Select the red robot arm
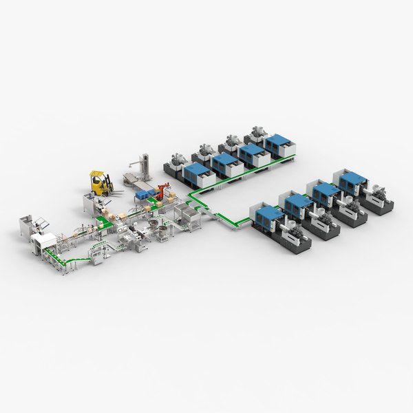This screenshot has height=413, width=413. (162, 190)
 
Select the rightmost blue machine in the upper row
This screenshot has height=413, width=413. (277, 142)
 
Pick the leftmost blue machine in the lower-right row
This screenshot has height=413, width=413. (268, 215)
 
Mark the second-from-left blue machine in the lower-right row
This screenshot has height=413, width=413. (296, 203)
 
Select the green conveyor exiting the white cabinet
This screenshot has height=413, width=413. (65, 261)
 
